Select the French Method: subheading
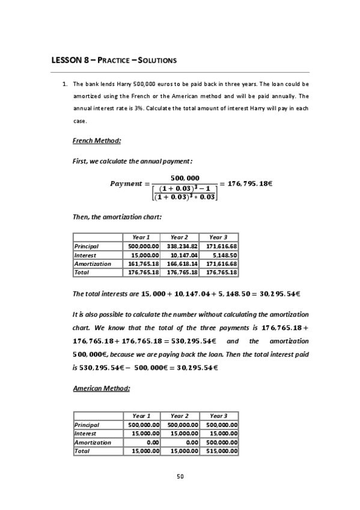point(97,141)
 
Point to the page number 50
point(180,477)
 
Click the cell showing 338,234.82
point(180,246)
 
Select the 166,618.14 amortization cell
point(180,263)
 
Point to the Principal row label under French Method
point(85,246)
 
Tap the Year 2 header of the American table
point(180,416)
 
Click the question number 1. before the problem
point(66,84)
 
